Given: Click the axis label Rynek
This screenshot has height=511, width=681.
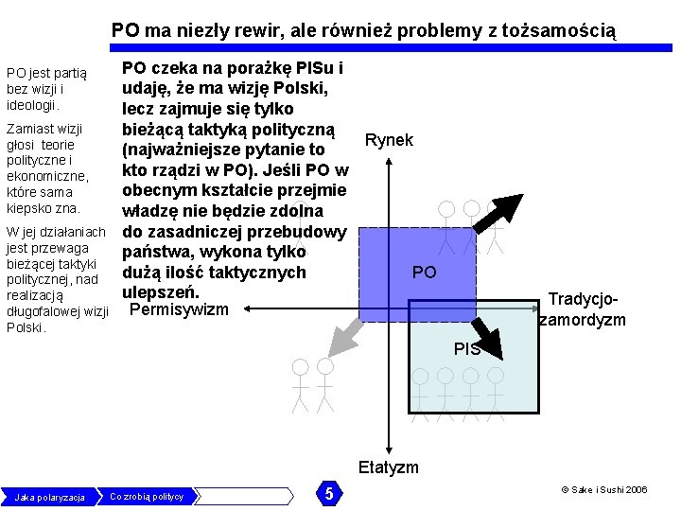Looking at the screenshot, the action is tap(389, 140).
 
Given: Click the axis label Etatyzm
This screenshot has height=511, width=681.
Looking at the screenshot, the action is tap(388, 467).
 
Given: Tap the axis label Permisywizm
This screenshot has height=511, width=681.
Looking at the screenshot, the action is tap(179, 309).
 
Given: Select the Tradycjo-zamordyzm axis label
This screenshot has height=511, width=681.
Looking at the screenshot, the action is tap(582, 309).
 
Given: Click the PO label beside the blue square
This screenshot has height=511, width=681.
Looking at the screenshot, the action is tap(425, 273).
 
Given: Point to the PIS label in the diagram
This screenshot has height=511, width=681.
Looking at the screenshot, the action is tap(466, 349).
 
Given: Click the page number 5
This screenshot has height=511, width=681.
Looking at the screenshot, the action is tap(328, 494).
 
